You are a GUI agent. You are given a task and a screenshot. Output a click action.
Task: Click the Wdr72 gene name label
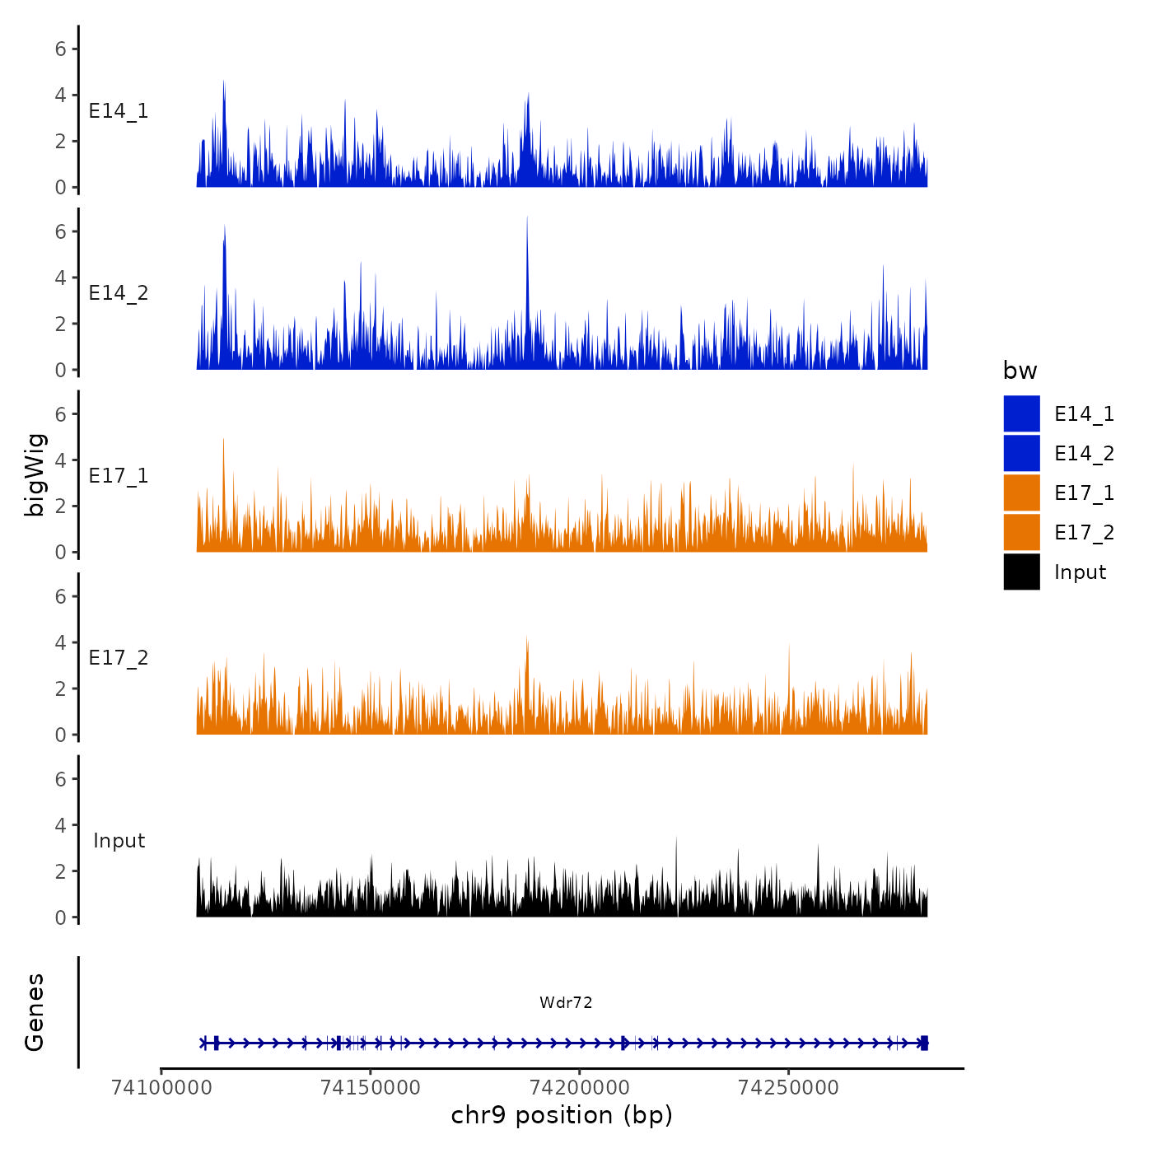coord(566,1002)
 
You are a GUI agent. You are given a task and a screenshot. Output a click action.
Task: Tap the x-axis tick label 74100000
coord(161,1088)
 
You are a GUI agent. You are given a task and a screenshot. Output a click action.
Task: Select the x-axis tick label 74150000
coord(371,1088)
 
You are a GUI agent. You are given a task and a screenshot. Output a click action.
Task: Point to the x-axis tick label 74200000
coord(580,1088)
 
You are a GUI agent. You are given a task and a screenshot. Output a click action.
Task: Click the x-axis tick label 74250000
coord(789,1088)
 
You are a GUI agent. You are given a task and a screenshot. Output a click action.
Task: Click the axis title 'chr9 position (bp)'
coord(562,1115)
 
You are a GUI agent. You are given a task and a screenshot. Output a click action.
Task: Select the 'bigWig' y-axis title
coord(35,474)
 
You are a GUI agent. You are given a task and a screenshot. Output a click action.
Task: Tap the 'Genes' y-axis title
coord(35,1012)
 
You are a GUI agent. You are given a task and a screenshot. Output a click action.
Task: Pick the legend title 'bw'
coord(1020,371)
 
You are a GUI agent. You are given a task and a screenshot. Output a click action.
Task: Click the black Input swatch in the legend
coord(1021,572)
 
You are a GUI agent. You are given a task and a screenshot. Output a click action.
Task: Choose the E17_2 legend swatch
coord(1021,533)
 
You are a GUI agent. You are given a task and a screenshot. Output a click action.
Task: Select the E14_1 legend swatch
coord(1021,414)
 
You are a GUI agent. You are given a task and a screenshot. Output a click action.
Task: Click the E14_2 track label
coord(119,293)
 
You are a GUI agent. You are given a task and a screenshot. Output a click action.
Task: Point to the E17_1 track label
coord(119,476)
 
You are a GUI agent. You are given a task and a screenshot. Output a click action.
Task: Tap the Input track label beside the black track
coord(119,841)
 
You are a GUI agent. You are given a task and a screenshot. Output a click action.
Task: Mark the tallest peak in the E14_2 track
coord(527,219)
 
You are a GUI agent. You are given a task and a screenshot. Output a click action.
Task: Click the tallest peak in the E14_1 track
coord(224,82)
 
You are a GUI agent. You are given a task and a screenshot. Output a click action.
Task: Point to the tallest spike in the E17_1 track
coord(223,441)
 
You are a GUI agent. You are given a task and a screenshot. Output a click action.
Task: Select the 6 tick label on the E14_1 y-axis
coord(60,49)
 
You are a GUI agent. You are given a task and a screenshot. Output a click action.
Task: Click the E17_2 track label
coord(119,658)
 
